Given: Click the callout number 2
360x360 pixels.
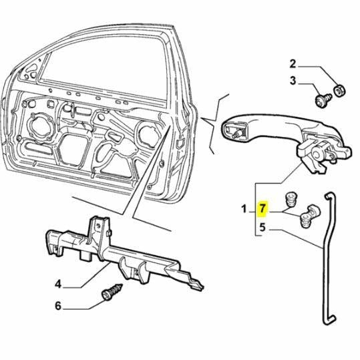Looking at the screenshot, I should (x=293, y=65).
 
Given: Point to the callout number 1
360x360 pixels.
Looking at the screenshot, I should (x=244, y=210).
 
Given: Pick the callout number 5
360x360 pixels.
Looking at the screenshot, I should (x=263, y=227).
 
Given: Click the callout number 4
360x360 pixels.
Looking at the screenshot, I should (x=57, y=284).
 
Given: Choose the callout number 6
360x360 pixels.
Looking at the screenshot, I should (x=57, y=307).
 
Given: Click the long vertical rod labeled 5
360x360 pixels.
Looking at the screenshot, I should (x=327, y=267).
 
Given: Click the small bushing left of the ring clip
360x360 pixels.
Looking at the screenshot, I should (x=291, y=200).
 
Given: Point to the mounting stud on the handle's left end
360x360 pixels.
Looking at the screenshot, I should (x=236, y=133).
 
